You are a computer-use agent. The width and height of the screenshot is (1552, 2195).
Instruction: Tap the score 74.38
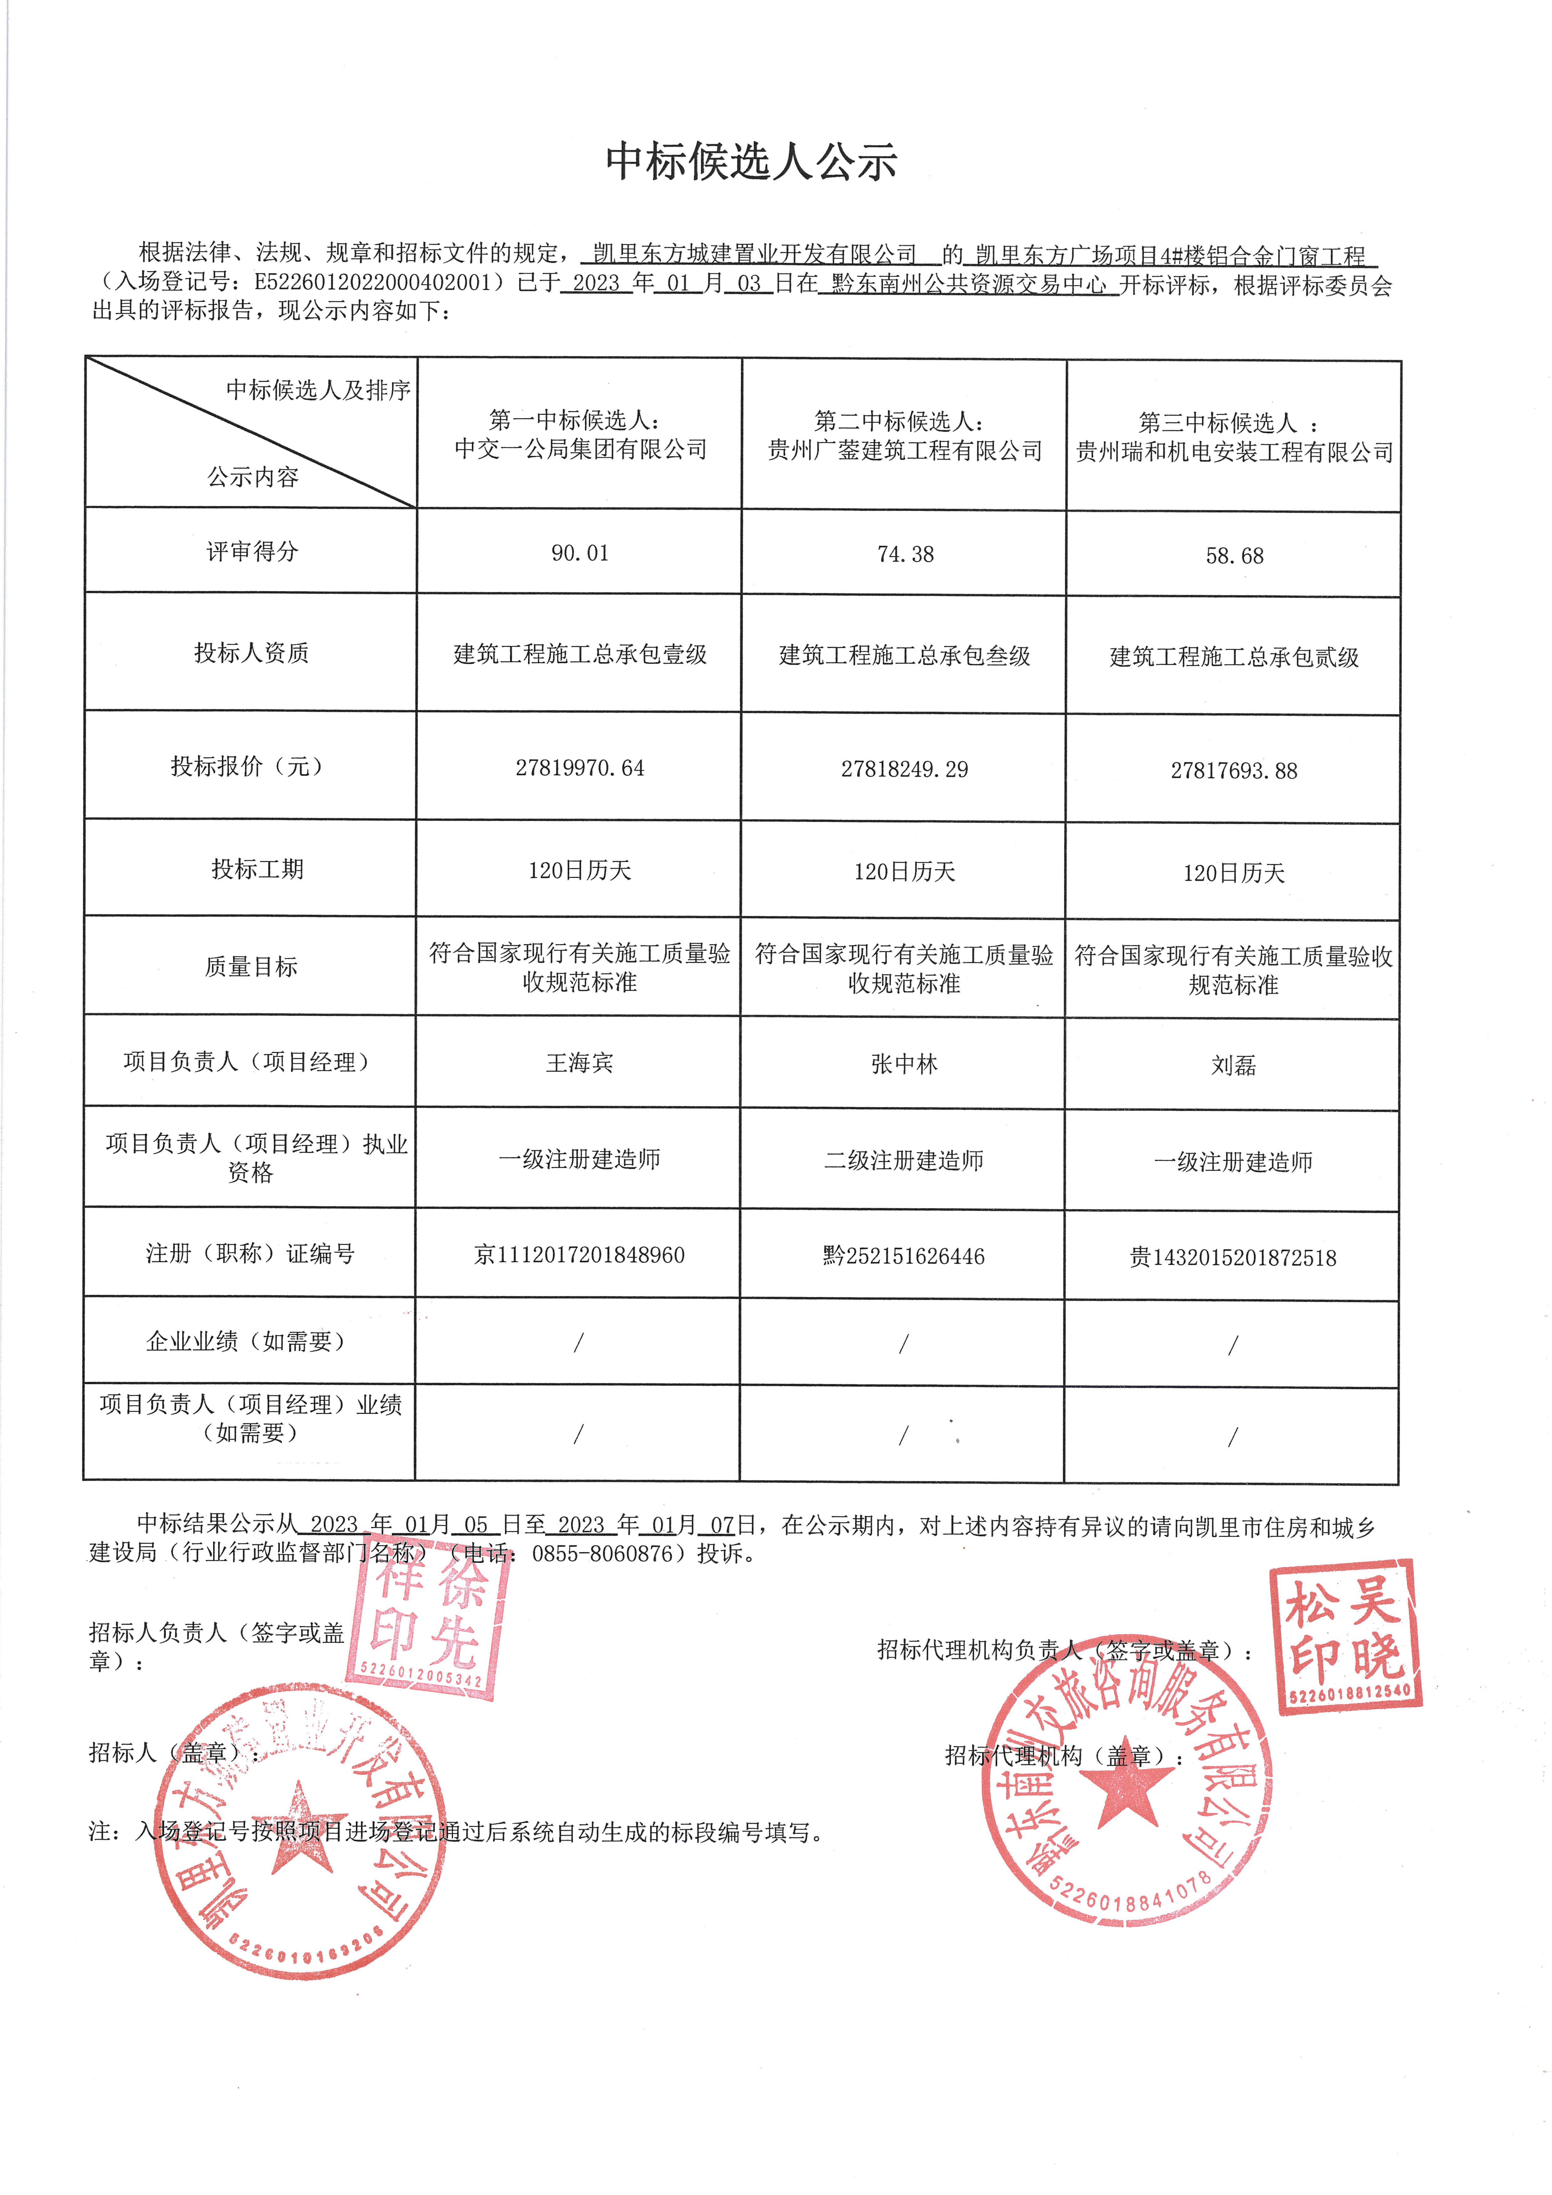pyautogui.click(x=905, y=554)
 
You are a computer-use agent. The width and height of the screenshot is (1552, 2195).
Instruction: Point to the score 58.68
pyautogui.click(x=1234, y=556)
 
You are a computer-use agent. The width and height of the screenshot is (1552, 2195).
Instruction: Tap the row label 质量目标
pyautogui.click(x=251, y=967)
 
